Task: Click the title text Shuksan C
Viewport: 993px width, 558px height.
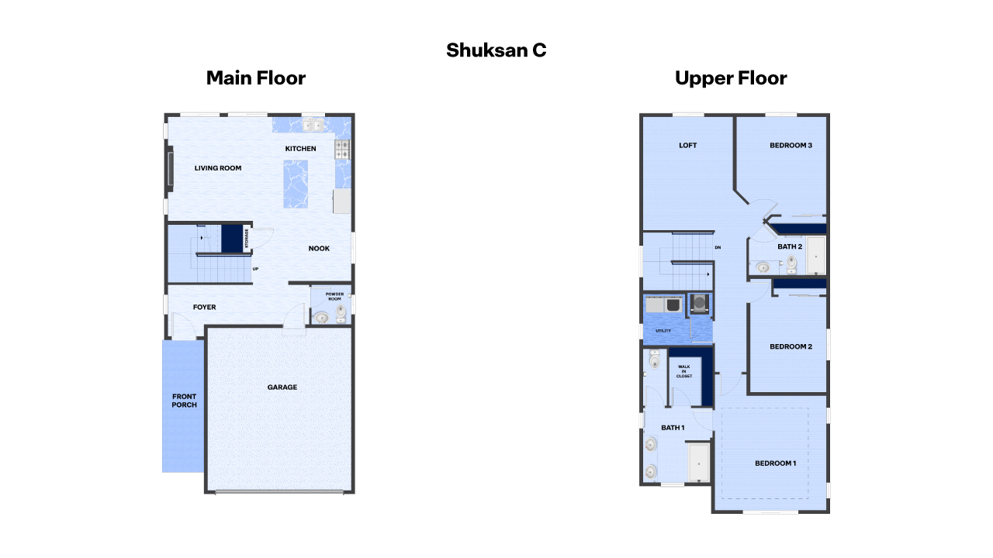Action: (x=496, y=50)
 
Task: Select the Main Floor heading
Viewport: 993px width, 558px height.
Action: (x=256, y=78)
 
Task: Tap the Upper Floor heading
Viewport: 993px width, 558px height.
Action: (x=731, y=78)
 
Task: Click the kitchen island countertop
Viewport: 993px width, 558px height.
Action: (x=296, y=184)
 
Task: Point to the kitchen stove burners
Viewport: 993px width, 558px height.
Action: (x=342, y=150)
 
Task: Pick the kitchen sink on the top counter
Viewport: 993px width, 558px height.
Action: (x=313, y=124)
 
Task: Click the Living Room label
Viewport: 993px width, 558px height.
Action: (x=218, y=168)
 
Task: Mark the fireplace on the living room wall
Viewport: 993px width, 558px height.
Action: (x=169, y=168)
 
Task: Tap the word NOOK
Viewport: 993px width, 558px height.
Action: (x=319, y=249)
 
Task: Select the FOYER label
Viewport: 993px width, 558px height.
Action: (x=205, y=308)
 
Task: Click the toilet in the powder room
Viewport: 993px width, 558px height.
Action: (x=341, y=311)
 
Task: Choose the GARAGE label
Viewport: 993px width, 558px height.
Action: (x=282, y=387)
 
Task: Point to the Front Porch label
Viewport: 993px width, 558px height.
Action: (x=184, y=401)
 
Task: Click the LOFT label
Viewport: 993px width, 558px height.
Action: (x=688, y=145)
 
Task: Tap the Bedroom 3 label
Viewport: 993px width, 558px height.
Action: (x=791, y=145)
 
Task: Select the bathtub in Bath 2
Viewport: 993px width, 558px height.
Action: (x=815, y=256)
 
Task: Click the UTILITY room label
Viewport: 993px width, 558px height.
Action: (x=663, y=331)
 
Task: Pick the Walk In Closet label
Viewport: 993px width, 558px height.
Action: (x=684, y=371)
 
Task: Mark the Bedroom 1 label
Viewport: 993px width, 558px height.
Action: (x=775, y=463)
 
